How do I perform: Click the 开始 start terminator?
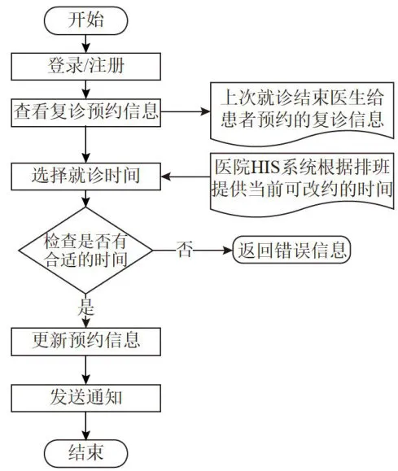86,20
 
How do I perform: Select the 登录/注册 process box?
86,67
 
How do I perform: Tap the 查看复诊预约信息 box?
86,112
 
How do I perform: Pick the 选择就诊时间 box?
86,177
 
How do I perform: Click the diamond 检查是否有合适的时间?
86,251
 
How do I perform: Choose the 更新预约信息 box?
86,342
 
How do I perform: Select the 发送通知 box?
86,398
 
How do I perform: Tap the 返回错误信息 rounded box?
292,250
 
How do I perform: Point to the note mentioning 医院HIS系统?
302,185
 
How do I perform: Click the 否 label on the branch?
184,249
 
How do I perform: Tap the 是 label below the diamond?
86,307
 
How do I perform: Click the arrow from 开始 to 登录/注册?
86,44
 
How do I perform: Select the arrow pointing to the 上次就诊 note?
186,112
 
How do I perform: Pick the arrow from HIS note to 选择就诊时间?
186,177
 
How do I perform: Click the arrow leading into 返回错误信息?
193,251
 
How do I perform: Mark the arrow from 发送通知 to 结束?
86,426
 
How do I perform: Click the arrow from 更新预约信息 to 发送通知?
86,370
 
